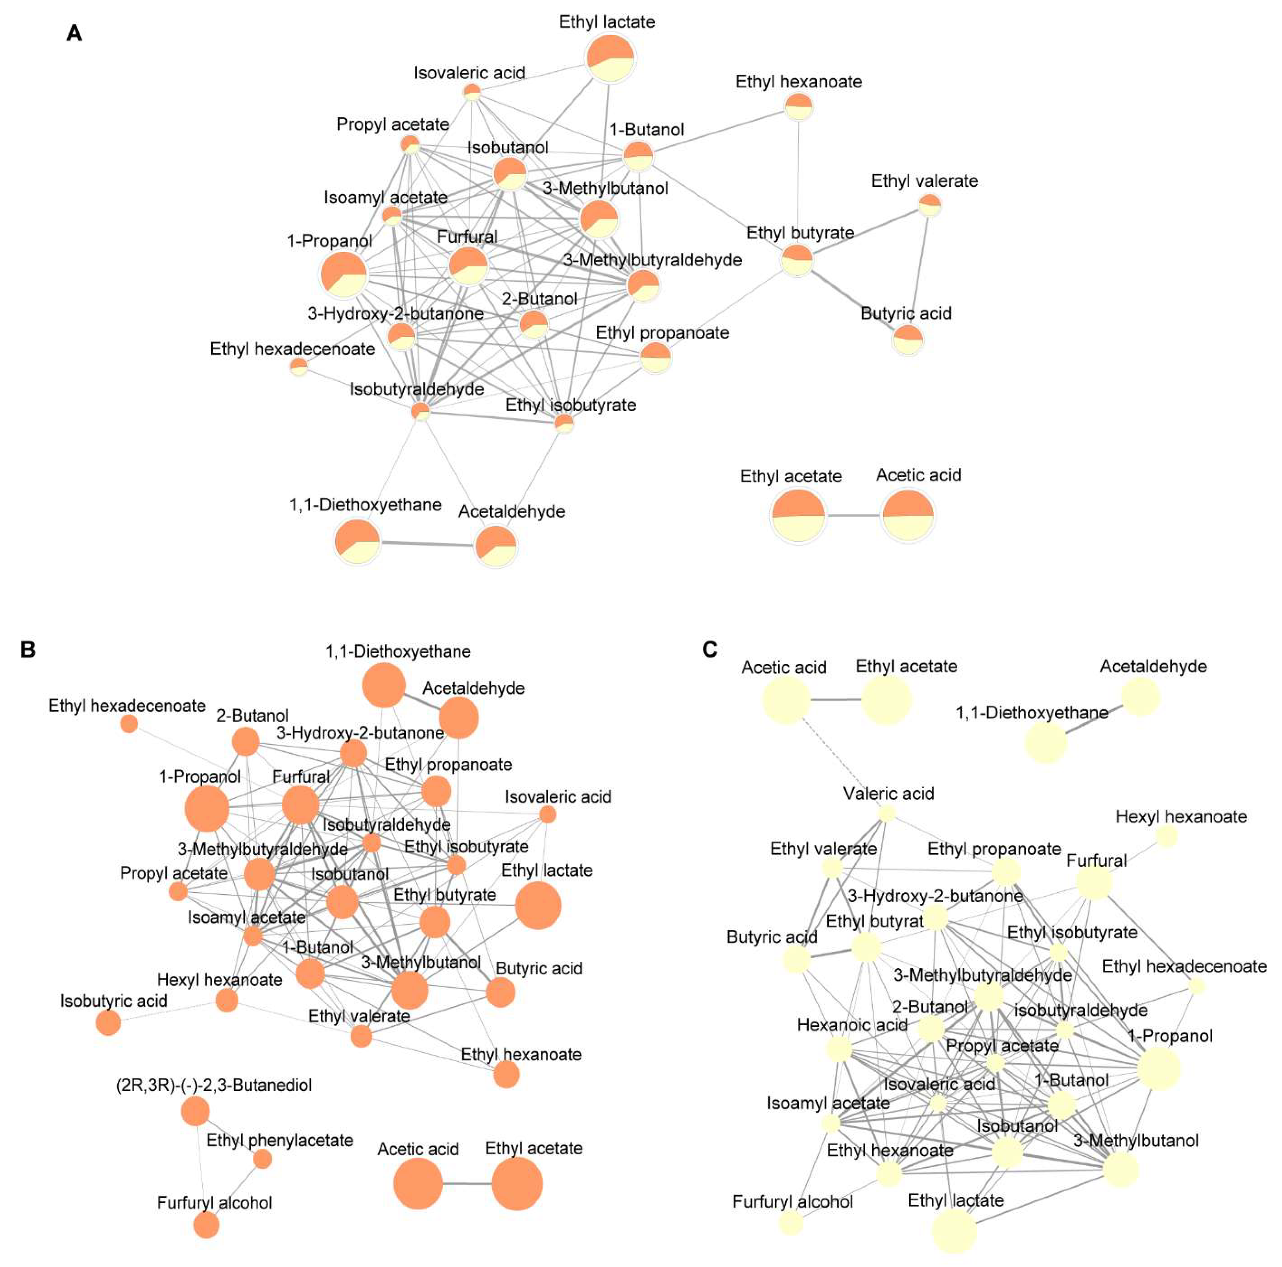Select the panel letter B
(28, 649)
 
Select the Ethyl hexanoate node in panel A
(798, 106)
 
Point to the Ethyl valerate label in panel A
(924, 180)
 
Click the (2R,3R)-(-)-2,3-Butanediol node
(195, 1111)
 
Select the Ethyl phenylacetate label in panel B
(279, 1140)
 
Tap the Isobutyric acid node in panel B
(108, 1023)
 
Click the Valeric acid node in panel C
(886, 813)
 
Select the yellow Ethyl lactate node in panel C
(954, 1230)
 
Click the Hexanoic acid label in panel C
(852, 1025)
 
